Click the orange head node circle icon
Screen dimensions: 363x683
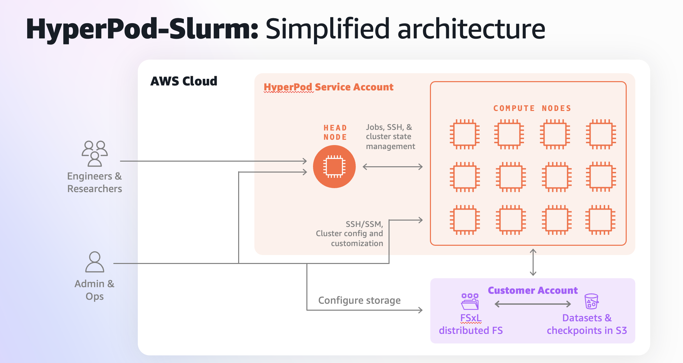tap(334, 167)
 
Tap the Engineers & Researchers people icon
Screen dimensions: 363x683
tap(95, 153)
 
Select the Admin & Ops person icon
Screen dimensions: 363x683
tap(95, 262)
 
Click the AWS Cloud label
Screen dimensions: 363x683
tap(184, 81)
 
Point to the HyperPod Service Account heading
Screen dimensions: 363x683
tap(328, 87)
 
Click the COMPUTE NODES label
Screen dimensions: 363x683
tap(532, 108)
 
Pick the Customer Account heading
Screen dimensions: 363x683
tap(533, 290)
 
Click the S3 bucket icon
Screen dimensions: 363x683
tap(591, 301)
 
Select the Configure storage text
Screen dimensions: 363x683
tap(359, 300)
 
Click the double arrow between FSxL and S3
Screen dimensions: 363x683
tap(533, 304)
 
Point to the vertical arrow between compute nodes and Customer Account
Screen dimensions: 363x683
tap(533, 262)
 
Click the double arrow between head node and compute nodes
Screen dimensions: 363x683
tap(393, 167)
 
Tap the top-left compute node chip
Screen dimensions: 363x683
tap(464, 134)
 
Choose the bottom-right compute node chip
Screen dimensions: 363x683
tap(600, 220)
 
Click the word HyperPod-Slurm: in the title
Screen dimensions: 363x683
tap(142, 29)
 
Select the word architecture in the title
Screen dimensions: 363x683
tap(471, 29)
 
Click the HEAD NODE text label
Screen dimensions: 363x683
tap(335, 132)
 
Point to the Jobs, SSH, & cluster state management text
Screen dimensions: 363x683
tap(390, 137)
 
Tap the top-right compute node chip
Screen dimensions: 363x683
tap(601, 134)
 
